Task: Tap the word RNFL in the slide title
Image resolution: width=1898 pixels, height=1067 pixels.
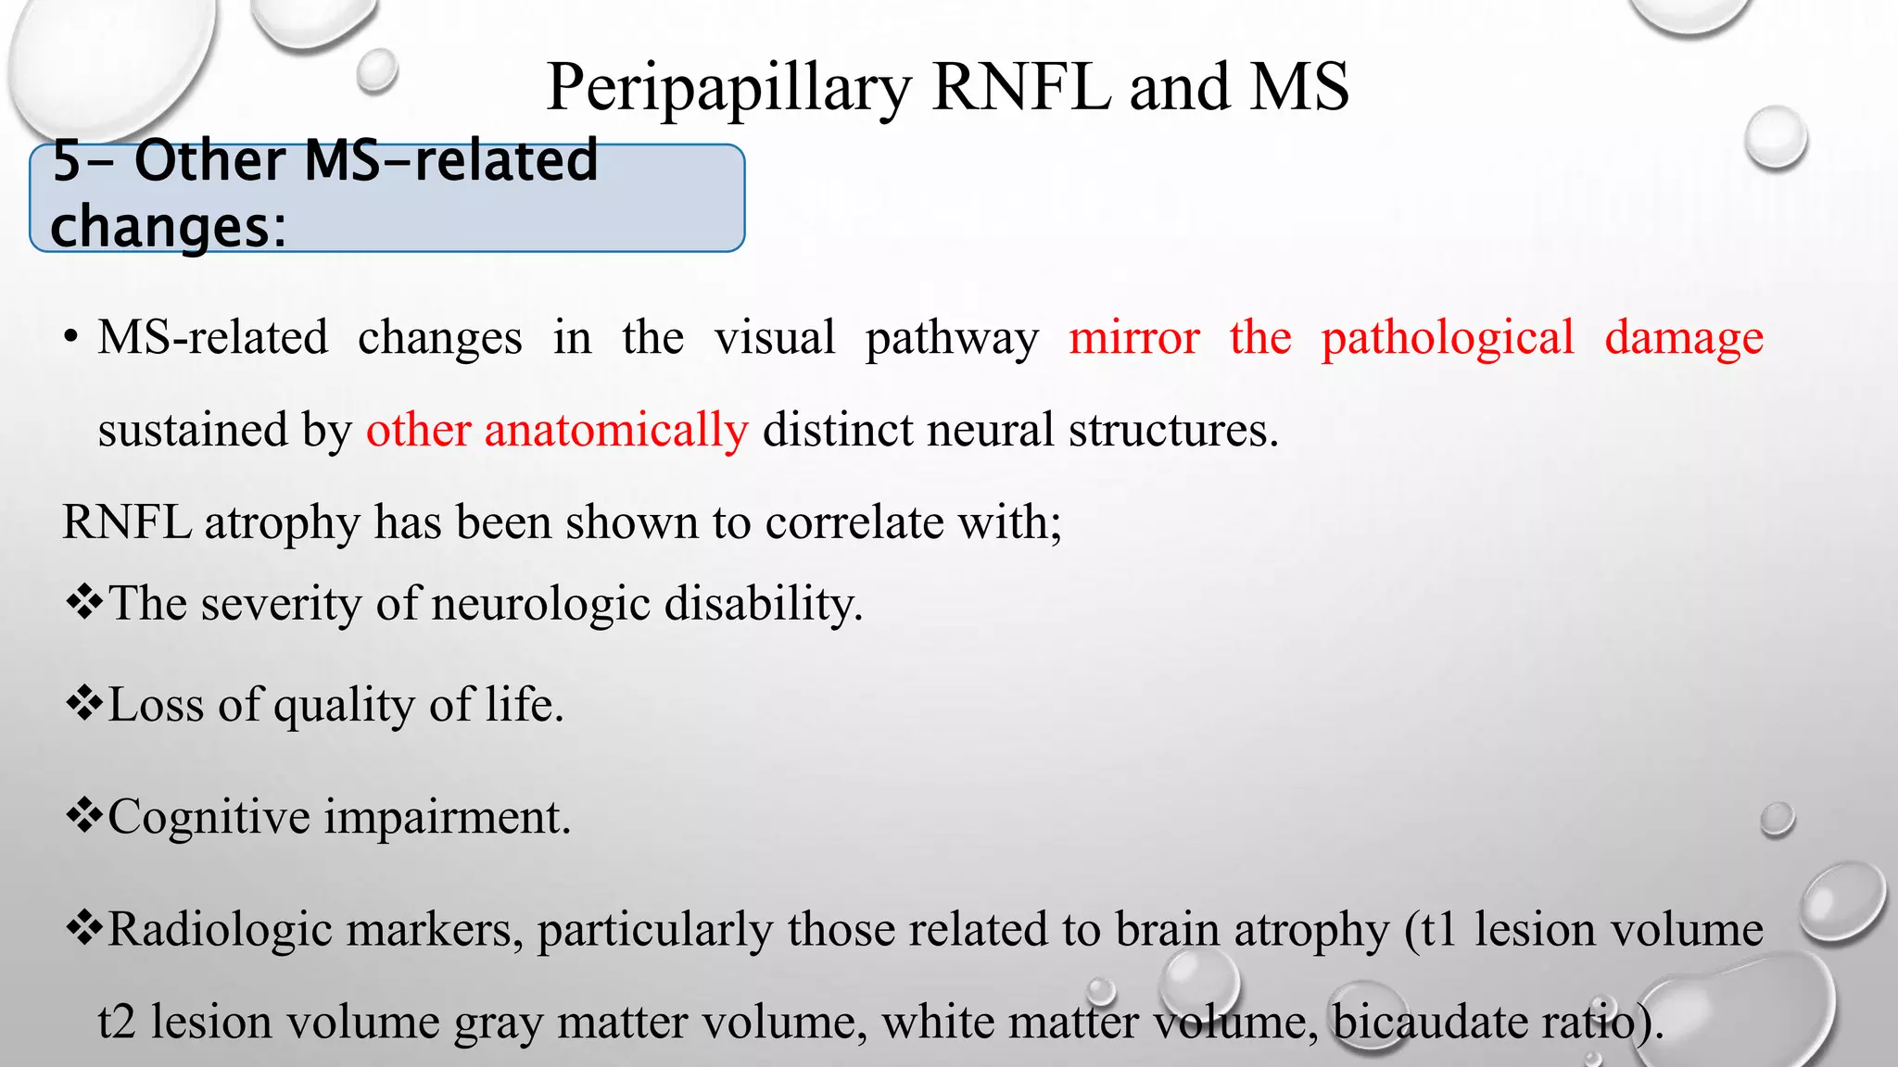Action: [1021, 87]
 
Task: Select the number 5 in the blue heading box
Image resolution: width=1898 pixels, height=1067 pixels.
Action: [67, 160]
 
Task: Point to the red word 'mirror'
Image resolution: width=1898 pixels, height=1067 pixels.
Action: [1133, 337]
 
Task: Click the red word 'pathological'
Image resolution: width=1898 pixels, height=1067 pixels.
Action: [1447, 337]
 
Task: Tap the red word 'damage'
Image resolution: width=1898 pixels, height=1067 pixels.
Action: [1683, 337]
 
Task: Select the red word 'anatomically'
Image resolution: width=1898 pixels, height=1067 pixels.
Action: [616, 431]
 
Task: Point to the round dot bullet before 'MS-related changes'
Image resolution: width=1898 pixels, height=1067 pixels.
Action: [70, 338]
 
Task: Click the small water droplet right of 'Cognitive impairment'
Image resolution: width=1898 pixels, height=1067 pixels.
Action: [1777, 819]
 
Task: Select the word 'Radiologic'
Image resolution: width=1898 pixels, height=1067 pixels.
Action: [220, 929]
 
